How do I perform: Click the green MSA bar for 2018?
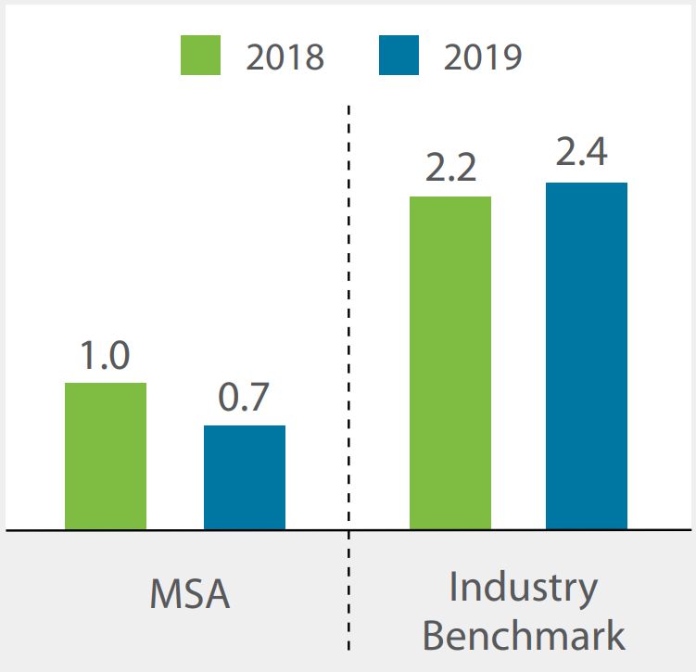[x=106, y=456]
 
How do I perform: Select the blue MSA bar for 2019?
[x=245, y=477]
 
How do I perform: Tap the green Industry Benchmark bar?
[x=450, y=362]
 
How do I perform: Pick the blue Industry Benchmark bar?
[x=587, y=356]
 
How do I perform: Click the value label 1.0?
[x=105, y=357]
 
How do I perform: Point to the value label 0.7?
[x=244, y=399]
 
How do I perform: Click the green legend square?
[x=200, y=56]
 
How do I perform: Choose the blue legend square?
[x=399, y=56]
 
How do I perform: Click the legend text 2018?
[x=285, y=57]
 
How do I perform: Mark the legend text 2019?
[x=483, y=57]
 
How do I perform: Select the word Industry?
[x=524, y=588]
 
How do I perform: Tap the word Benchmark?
[x=524, y=636]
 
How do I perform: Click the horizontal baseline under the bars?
[x=185, y=531]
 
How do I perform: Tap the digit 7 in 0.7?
[x=259, y=399]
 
